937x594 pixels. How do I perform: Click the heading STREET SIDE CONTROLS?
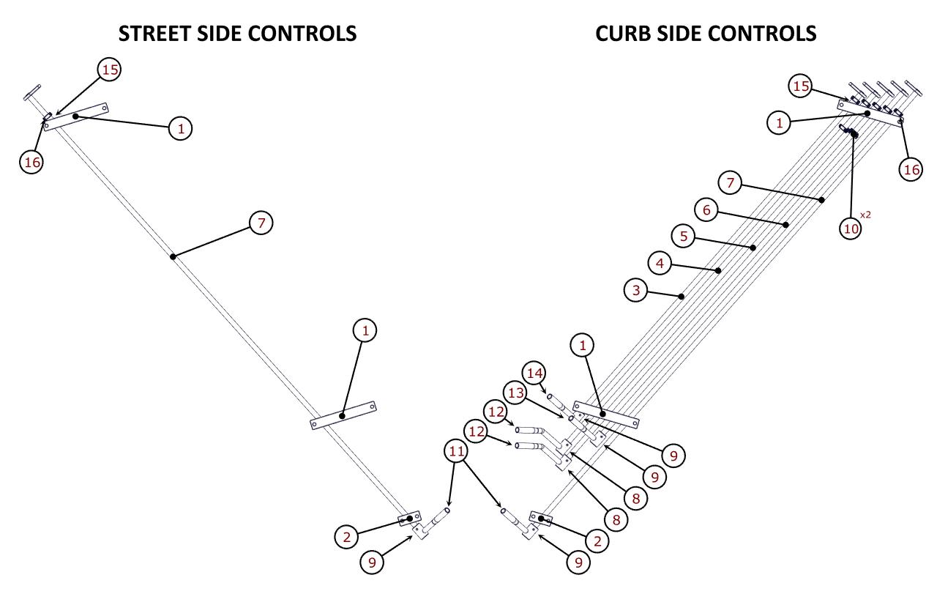point(238,33)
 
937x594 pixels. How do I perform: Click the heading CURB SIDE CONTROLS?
point(706,33)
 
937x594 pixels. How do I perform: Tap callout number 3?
point(636,290)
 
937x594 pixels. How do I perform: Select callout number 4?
point(660,263)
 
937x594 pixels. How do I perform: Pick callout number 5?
point(683,236)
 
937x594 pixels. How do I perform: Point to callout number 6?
point(706,210)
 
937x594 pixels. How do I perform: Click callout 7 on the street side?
point(261,222)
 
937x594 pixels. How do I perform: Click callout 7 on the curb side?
point(730,182)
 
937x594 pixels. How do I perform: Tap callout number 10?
point(851,229)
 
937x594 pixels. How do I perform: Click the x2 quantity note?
point(866,215)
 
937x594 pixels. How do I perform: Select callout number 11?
point(457,451)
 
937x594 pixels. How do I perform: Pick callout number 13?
point(516,393)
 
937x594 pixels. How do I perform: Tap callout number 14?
point(535,373)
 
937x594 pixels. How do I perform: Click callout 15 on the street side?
point(109,70)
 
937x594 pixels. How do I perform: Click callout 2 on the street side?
point(347,536)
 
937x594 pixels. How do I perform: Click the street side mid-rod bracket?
point(343,415)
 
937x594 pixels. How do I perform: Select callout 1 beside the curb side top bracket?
point(780,123)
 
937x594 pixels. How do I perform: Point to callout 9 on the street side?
point(373,562)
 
